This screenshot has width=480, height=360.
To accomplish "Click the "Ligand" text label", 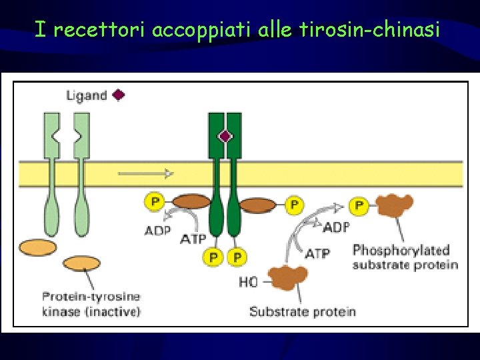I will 86,95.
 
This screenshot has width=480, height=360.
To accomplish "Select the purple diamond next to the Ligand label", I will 118,95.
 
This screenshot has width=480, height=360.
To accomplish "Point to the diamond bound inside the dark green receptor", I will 225,137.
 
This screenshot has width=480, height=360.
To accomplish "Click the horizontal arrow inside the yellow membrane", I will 145,174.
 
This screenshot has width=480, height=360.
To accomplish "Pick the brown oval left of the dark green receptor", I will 191,201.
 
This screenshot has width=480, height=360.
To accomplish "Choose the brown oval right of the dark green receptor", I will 257,205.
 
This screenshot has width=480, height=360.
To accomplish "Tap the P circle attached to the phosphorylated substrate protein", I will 360,206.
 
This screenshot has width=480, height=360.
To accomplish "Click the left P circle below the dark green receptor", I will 213,257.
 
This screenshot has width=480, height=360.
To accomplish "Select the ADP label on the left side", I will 158,231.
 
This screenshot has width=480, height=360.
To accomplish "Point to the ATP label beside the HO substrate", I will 317,253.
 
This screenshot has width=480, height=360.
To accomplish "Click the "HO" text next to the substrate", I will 247,282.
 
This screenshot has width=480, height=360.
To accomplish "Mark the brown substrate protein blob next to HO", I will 287,277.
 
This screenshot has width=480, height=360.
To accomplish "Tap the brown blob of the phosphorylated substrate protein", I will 394,206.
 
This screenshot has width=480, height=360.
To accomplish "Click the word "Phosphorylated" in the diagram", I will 401,251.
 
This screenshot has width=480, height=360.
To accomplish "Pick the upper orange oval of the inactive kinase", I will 38,247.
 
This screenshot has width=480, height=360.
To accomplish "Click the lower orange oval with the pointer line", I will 81,263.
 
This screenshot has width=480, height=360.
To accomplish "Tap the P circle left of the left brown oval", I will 155,201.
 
